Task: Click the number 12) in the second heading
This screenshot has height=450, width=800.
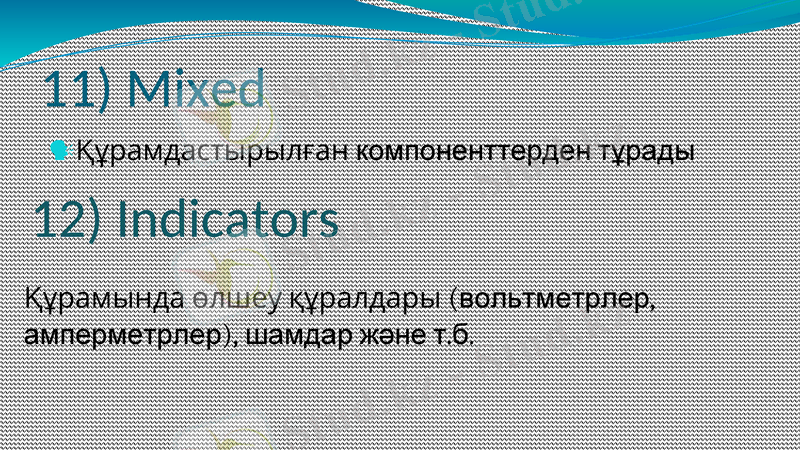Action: (68, 220)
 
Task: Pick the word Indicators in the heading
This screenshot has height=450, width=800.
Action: (228, 220)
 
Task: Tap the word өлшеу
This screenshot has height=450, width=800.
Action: (225, 298)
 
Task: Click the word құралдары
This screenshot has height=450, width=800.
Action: (364, 299)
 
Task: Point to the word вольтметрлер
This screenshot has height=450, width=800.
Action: (558, 298)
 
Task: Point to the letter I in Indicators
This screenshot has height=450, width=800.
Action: (124, 220)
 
